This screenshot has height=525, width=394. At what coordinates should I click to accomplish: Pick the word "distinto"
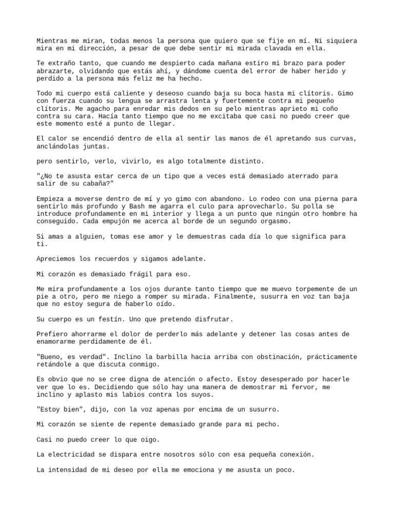[x=247, y=161]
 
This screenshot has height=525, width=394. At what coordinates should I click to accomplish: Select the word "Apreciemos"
[x=56, y=259]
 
